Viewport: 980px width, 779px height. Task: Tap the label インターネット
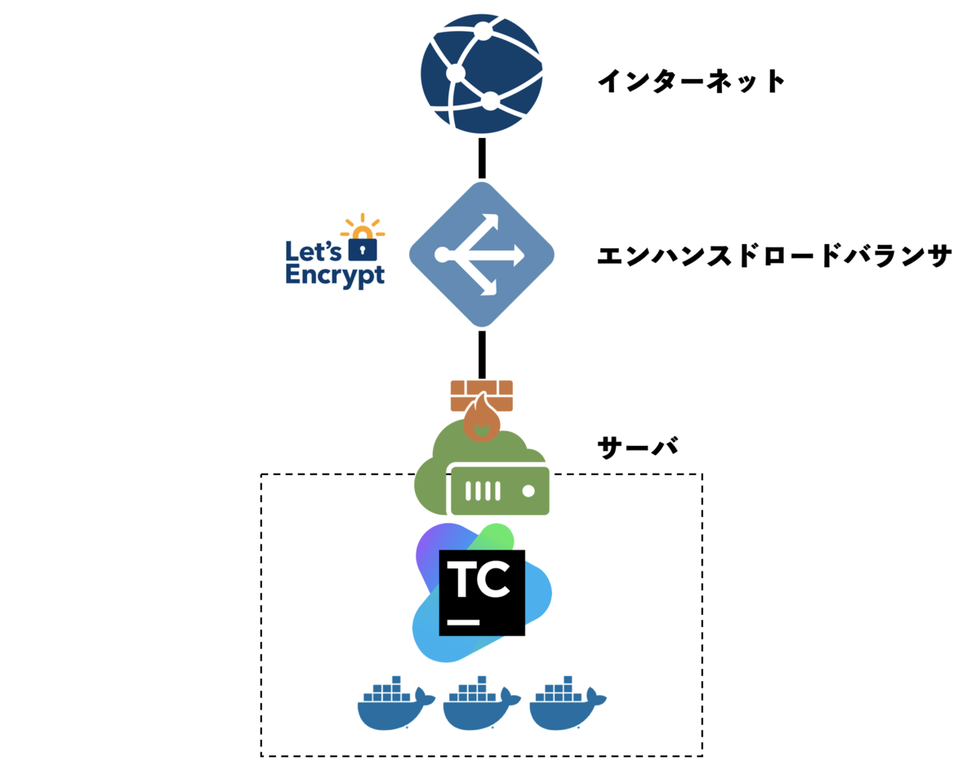click(x=691, y=81)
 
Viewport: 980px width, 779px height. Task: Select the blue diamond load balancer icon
click(x=482, y=254)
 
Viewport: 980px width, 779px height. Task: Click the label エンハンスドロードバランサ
click(x=774, y=256)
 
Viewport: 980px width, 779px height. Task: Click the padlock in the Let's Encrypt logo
click(x=363, y=246)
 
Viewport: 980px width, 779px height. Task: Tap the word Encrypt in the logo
click(x=335, y=275)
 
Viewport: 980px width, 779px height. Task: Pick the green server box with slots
click(x=499, y=491)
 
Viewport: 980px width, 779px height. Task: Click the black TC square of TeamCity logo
click(x=481, y=592)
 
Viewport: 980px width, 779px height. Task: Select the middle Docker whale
click(x=481, y=703)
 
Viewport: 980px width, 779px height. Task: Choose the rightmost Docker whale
click(x=567, y=703)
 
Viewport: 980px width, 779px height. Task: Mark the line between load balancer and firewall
click(x=482, y=353)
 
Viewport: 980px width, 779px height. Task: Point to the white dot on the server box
click(x=528, y=491)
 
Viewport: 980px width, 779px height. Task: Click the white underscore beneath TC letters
click(x=464, y=621)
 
